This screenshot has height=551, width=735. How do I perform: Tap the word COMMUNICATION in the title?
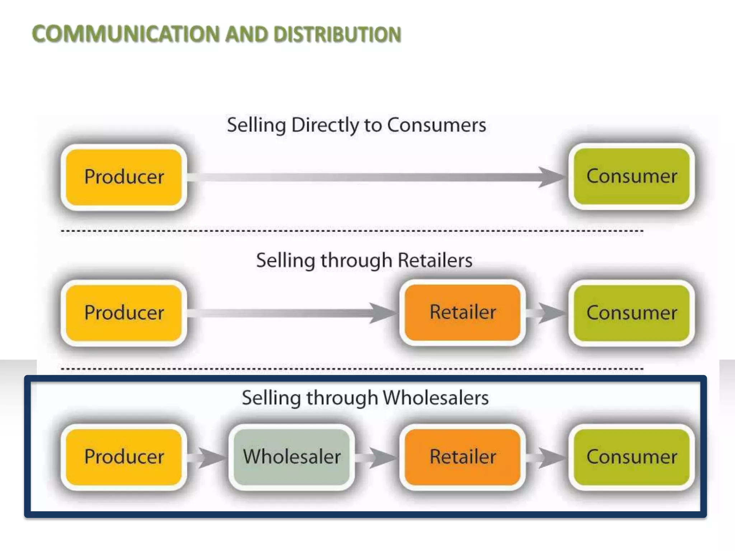[x=126, y=35]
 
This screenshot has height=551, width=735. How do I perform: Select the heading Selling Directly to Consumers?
[x=356, y=125]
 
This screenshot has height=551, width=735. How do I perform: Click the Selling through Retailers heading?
[x=364, y=260]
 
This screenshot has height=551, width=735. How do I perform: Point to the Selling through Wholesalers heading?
[x=365, y=398]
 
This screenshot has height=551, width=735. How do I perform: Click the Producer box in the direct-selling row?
[x=124, y=177]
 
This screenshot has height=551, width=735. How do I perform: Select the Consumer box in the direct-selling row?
[x=632, y=176]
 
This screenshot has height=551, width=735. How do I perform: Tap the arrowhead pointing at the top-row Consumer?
[x=551, y=177]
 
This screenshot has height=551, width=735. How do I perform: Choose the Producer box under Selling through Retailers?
[x=124, y=312]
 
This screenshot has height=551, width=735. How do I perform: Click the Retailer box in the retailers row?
[x=463, y=312]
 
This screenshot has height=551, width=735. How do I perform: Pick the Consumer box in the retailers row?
[x=632, y=313]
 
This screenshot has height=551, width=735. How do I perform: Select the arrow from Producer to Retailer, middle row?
[x=291, y=313]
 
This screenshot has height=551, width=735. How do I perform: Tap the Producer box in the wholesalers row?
[x=124, y=457]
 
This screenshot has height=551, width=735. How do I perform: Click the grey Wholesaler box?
[x=291, y=457]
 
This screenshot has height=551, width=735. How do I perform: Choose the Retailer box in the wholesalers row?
[x=463, y=457]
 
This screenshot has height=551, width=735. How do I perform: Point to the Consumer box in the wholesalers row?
[x=632, y=457]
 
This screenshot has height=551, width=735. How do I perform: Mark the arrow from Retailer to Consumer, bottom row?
[x=547, y=457]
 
